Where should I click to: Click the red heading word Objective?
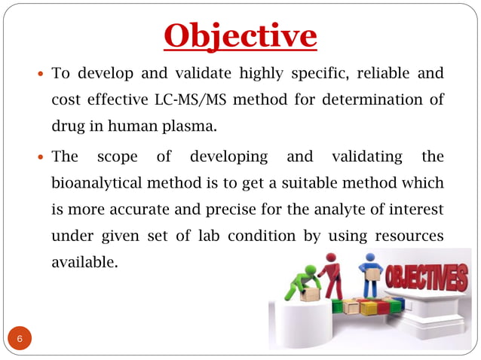pyautogui.click(x=240, y=35)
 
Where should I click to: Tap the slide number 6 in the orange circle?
pyautogui.click(x=20, y=339)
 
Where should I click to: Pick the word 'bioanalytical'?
pyautogui.click(x=94, y=184)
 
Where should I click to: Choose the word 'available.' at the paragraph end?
pyautogui.click(x=84, y=261)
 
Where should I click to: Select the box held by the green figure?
pyautogui.click(x=308, y=296)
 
